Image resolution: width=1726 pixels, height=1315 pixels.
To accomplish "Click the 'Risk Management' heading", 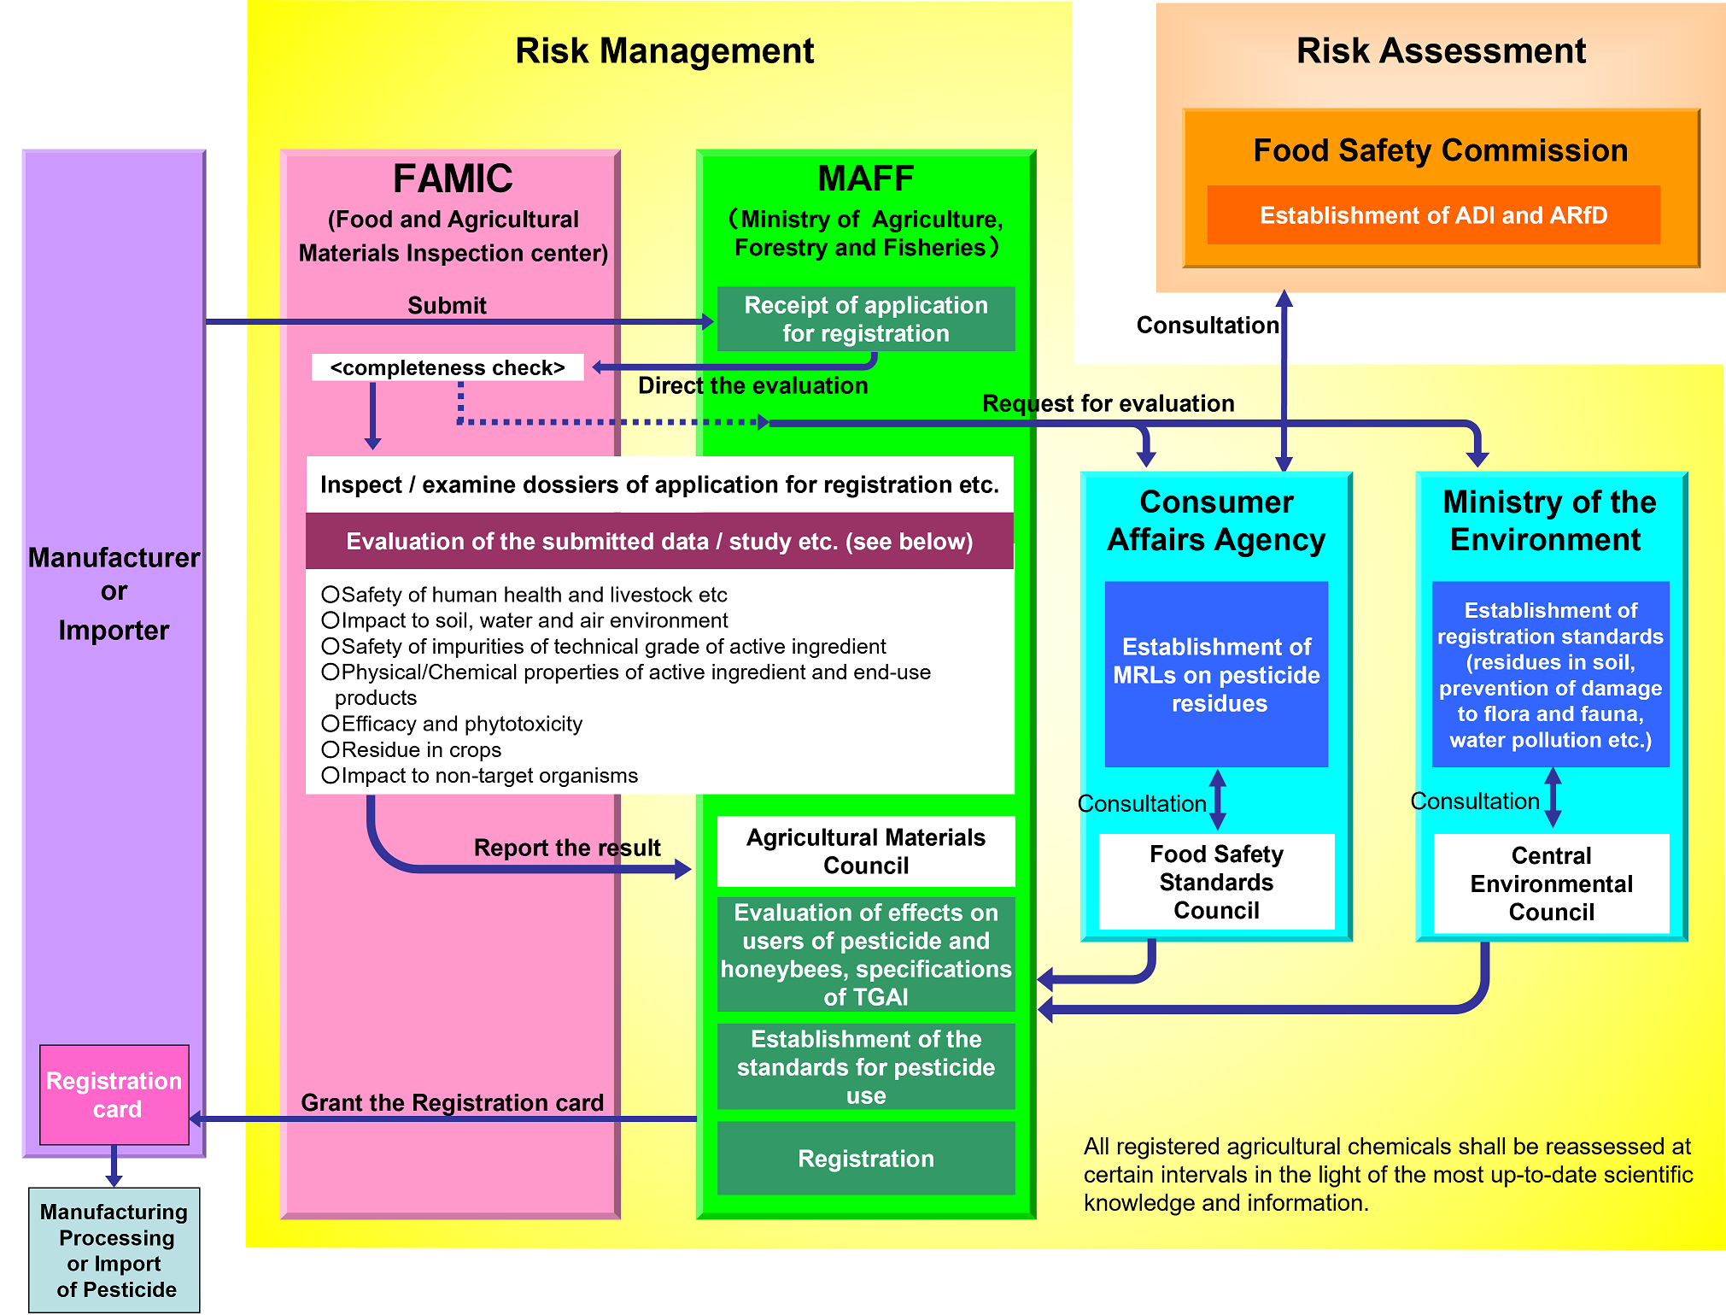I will pyautogui.click(x=664, y=51).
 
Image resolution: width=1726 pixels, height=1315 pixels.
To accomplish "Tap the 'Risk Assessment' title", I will pyautogui.click(x=1441, y=51).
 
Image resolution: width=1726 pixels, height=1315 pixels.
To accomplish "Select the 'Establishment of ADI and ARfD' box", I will pyautogui.click(x=1433, y=215).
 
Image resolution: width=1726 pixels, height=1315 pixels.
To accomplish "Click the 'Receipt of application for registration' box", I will pyautogui.click(x=866, y=319).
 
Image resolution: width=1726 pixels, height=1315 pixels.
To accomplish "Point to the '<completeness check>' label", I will pyautogui.click(x=448, y=367).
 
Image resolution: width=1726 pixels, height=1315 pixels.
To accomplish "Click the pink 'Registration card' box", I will pyautogui.click(x=114, y=1095).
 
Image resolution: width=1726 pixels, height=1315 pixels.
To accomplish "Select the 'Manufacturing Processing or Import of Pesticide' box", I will pyautogui.click(x=114, y=1250).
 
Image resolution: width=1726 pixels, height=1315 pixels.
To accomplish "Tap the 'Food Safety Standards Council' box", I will pyautogui.click(x=1216, y=882).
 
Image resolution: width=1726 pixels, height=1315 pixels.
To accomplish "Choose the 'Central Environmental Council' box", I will pyautogui.click(x=1551, y=884).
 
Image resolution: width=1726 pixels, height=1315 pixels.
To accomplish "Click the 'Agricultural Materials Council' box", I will pyautogui.click(x=866, y=851).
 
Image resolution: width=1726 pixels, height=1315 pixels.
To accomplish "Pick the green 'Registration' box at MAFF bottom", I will pyautogui.click(x=866, y=1159).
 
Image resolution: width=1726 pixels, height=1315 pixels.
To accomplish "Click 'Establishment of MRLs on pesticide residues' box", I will pyautogui.click(x=1216, y=675).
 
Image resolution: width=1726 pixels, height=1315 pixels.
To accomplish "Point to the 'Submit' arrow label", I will pyautogui.click(x=447, y=305).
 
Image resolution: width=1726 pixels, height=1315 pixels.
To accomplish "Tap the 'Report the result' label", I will pyautogui.click(x=567, y=848).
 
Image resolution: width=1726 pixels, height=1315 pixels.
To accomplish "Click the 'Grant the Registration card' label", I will pyautogui.click(x=452, y=1102).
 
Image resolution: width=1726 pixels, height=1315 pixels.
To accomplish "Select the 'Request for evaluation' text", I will pyautogui.click(x=1108, y=403).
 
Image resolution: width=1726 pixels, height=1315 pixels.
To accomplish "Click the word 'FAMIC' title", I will pyautogui.click(x=453, y=179).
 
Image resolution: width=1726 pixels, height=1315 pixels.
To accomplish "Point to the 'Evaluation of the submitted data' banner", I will pyautogui.click(x=659, y=542).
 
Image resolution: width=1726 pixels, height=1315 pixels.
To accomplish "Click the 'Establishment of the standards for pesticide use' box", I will pyautogui.click(x=866, y=1067).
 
